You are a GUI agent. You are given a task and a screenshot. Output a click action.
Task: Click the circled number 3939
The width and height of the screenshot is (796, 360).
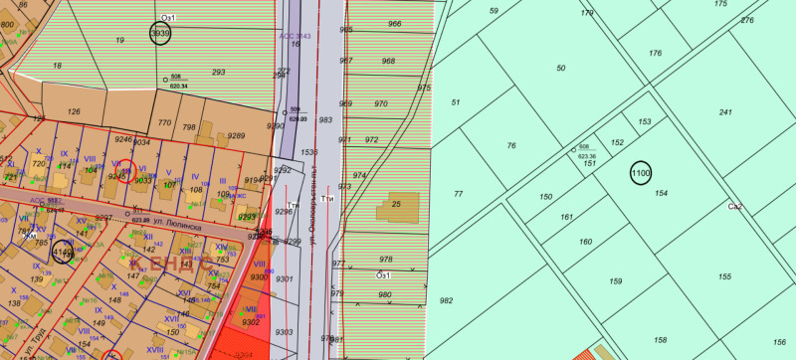160,34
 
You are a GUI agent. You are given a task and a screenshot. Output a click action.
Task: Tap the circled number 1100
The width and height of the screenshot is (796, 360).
640,173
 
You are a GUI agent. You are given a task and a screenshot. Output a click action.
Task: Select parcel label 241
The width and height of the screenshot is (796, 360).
725,112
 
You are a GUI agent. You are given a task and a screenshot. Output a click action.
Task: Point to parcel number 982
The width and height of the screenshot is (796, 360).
446,300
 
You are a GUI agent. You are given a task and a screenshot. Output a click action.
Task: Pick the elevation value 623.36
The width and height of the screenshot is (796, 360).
585,156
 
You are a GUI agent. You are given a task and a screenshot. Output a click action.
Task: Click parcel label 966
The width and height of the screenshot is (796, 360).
395,24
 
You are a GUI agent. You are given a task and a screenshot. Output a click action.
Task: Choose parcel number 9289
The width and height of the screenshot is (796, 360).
236,136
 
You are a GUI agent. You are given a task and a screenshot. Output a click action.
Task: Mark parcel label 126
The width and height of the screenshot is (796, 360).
73,111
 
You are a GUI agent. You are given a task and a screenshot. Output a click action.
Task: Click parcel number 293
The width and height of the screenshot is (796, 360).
219,73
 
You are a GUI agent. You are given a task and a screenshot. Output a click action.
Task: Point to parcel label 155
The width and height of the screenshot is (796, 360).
724,276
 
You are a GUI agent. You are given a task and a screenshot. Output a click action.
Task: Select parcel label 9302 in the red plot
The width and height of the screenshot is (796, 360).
251,322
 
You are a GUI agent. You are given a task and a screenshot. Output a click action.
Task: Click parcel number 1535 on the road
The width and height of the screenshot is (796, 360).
308,152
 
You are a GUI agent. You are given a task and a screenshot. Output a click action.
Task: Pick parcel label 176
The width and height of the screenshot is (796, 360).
655,53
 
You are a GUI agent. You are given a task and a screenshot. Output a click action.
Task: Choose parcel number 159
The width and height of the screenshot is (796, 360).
615,282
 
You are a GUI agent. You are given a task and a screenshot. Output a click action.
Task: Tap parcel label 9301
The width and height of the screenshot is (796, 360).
285,279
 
